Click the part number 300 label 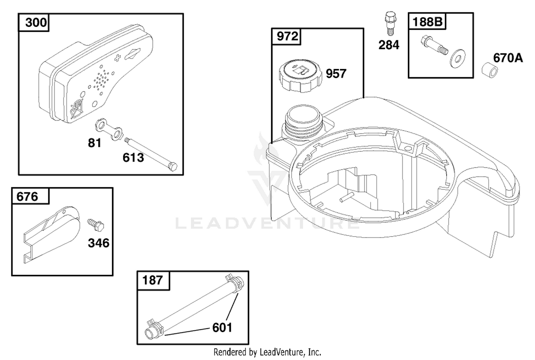[36, 22]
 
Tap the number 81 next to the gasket [95, 143]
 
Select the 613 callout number [133, 158]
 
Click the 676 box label [27, 197]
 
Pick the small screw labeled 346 [96, 224]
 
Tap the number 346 [99, 243]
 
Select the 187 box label [152, 280]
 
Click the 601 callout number [222, 328]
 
